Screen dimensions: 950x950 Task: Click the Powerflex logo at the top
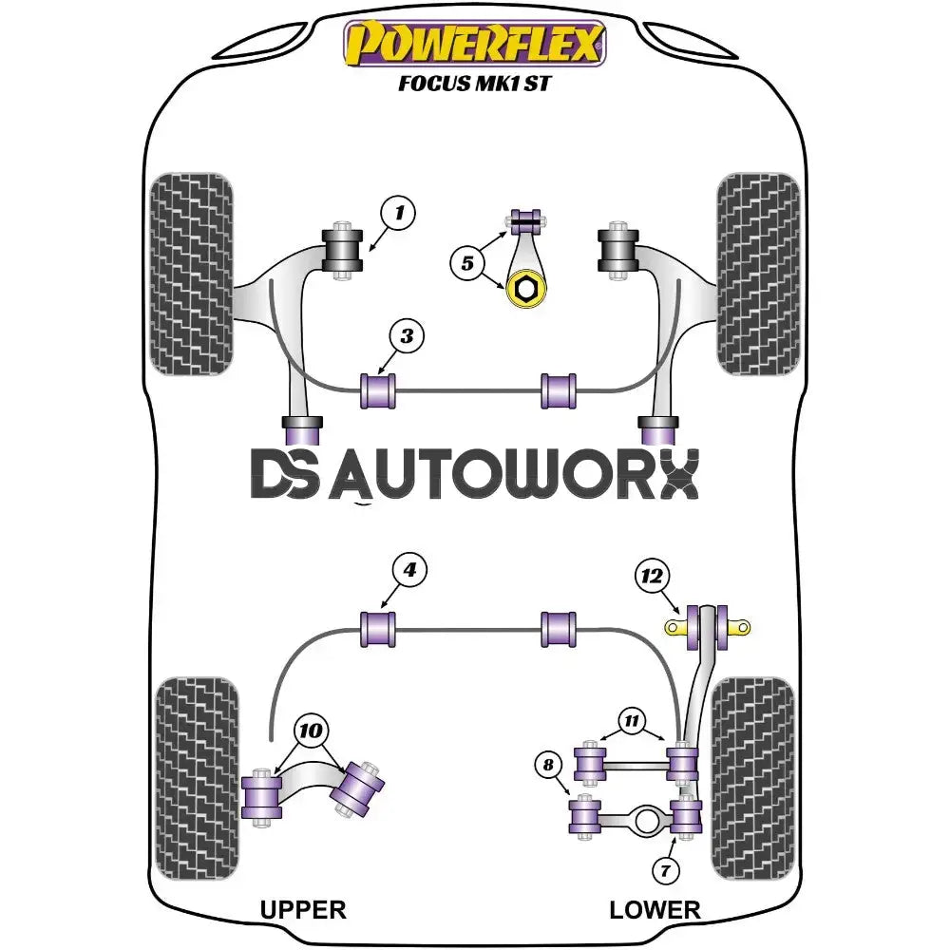pos(475,44)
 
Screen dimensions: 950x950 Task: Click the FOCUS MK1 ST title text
pos(474,83)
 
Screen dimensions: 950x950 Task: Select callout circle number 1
pos(398,213)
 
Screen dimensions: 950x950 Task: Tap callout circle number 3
pos(407,335)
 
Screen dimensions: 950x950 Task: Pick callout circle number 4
pos(409,570)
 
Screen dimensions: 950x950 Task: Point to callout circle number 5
pos(467,263)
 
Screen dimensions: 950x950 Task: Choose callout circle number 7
pos(666,871)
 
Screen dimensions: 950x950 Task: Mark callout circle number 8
pos(548,765)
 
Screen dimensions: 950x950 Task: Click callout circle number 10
pos(311,730)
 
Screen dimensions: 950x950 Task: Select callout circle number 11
pos(632,720)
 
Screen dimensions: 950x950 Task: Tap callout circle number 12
pos(652,576)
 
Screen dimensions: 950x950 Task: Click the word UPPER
pos(303,910)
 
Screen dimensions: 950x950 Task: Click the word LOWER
pos(655,910)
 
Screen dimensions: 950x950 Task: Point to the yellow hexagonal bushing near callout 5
pos(526,289)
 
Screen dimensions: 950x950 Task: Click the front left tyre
pos(192,274)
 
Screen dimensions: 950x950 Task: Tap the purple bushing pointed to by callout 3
pos(378,390)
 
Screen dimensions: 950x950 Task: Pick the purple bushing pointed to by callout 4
pos(378,629)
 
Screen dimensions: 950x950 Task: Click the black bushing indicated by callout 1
pos(342,250)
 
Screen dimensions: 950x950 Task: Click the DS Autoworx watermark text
pos(475,474)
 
